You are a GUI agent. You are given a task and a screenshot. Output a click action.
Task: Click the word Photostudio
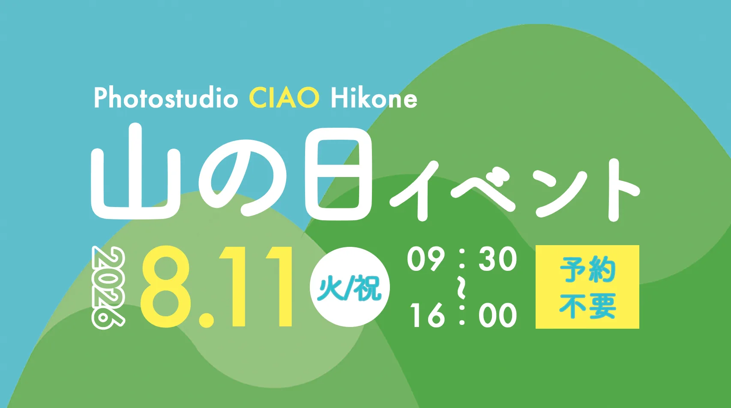coord(166,98)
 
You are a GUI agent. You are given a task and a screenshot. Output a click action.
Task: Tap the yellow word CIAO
coord(284,98)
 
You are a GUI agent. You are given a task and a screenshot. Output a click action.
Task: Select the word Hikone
coord(374,98)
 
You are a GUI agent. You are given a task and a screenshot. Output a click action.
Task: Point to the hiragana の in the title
coord(243,178)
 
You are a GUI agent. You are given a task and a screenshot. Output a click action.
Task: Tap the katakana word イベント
coord(515,190)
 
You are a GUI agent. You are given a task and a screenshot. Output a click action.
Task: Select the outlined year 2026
coord(108,288)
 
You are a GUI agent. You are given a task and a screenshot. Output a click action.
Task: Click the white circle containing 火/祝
coord(350,287)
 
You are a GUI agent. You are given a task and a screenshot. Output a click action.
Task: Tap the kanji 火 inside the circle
coord(332,288)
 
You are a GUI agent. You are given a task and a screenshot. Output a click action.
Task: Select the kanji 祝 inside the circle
coord(368,288)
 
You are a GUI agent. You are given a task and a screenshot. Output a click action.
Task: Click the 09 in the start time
coord(426,259)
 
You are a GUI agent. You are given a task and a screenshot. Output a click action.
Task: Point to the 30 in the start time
coord(498,259)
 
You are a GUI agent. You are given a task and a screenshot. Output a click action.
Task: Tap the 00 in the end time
coord(498,315)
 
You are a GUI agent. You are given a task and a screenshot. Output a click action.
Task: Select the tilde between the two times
coord(461,288)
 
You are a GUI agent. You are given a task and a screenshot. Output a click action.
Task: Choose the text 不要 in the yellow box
coord(587,306)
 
